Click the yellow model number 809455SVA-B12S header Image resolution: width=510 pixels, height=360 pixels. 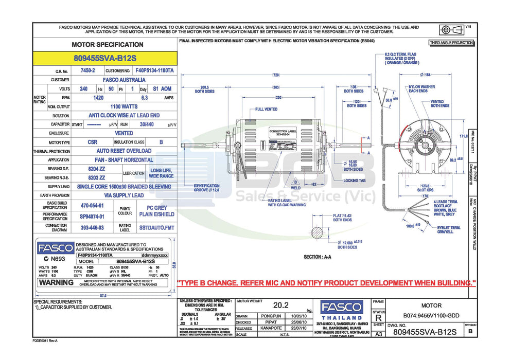click(105, 59)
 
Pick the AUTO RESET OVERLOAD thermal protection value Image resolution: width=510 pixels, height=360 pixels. click(124, 151)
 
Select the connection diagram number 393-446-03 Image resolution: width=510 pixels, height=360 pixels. click(93, 227)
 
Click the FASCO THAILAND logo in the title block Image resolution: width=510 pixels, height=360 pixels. click(341, 310)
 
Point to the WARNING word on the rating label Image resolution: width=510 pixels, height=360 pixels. click(56, 282)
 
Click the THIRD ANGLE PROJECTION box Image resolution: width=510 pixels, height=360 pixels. click(451, 43)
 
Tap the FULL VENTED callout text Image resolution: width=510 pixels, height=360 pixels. click(267, 110)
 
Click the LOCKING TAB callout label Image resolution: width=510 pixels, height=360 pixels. click(354, 181)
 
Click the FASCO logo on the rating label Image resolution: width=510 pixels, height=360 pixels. click(55, 248)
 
